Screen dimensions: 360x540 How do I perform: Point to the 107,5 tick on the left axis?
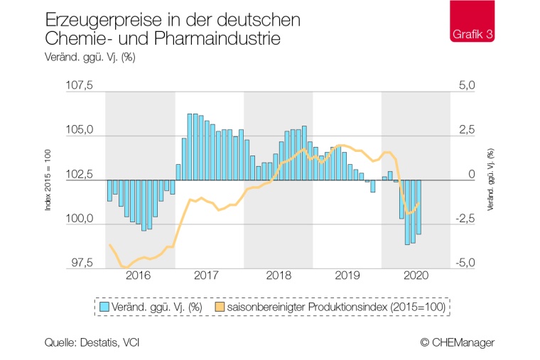pyautogui.click(x=79, y=86)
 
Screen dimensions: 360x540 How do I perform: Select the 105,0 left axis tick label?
pyautogui.click(x=79, y=131)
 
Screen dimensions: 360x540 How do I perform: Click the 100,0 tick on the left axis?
pyautogui.click(x=79, y=219)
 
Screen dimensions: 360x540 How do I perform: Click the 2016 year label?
pyautogui.click(x=139, y=276)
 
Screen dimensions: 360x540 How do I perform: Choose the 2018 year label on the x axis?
pyautogui.click(x=279, y=276)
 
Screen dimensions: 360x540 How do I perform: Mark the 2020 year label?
pyautogui.click(x=416, y=276)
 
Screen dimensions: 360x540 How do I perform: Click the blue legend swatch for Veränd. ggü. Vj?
pyautogui.click(x=104, y=307)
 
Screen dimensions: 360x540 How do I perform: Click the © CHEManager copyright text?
pyautogui.click(x=457, y=343)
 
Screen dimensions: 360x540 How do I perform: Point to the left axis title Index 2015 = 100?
pyautogui.click(x=48, y=180)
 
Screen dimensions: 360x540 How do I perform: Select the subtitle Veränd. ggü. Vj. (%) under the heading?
pyautogui.click(x=90, y=58)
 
